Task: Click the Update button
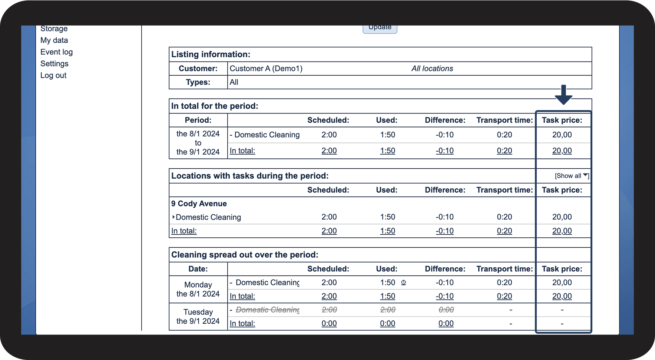(380, 28)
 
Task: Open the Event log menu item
(56, 52)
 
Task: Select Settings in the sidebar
(54, 64)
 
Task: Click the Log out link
(53, 75)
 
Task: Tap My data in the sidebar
(54, 40)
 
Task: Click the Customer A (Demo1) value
(266, 69)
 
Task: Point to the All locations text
(432, 69)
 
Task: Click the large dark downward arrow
(563, 95)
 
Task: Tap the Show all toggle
(571, 176)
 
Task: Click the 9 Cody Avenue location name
(199, 204)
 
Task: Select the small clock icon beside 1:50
(404, 283)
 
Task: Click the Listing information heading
(211, 55)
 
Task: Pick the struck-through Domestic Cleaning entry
(268, 310)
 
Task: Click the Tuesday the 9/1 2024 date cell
(198, 317)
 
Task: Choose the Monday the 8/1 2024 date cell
(198, 289)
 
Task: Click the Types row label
(198, 82)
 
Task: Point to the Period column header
(198, 120)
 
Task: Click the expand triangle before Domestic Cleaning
(173, 217)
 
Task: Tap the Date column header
(198, 269)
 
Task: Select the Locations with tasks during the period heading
(250, 176)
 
